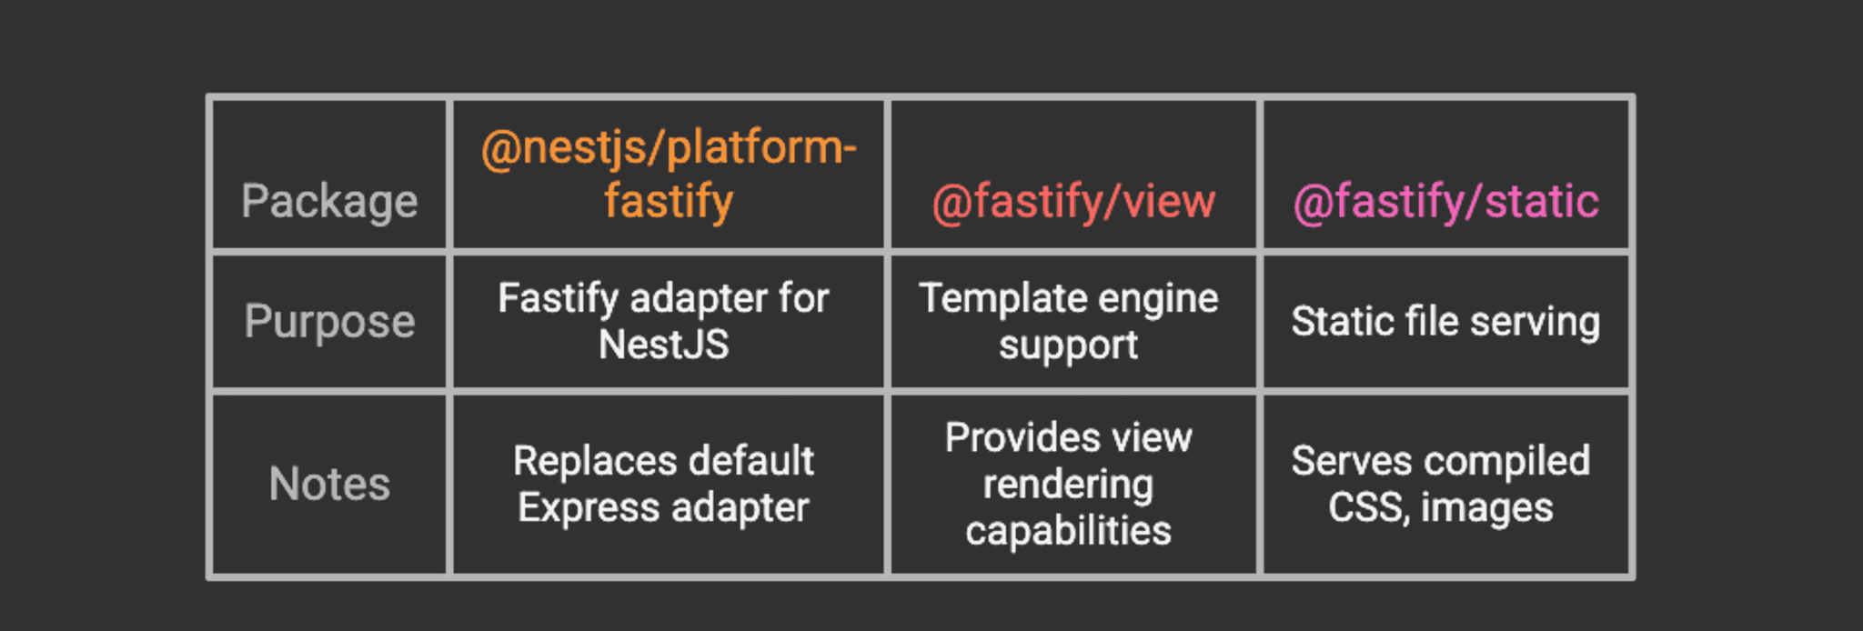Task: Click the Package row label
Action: (329, 201)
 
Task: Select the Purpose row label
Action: (329, 322)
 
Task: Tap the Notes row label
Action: (329, 484)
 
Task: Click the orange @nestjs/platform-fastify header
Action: (669, 175)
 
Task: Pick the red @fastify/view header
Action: (1073, 202)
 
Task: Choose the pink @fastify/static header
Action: (1445, 202)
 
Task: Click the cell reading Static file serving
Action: (1445, 322)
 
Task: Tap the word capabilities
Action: (1068, 531)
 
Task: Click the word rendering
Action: (1068, 485)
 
